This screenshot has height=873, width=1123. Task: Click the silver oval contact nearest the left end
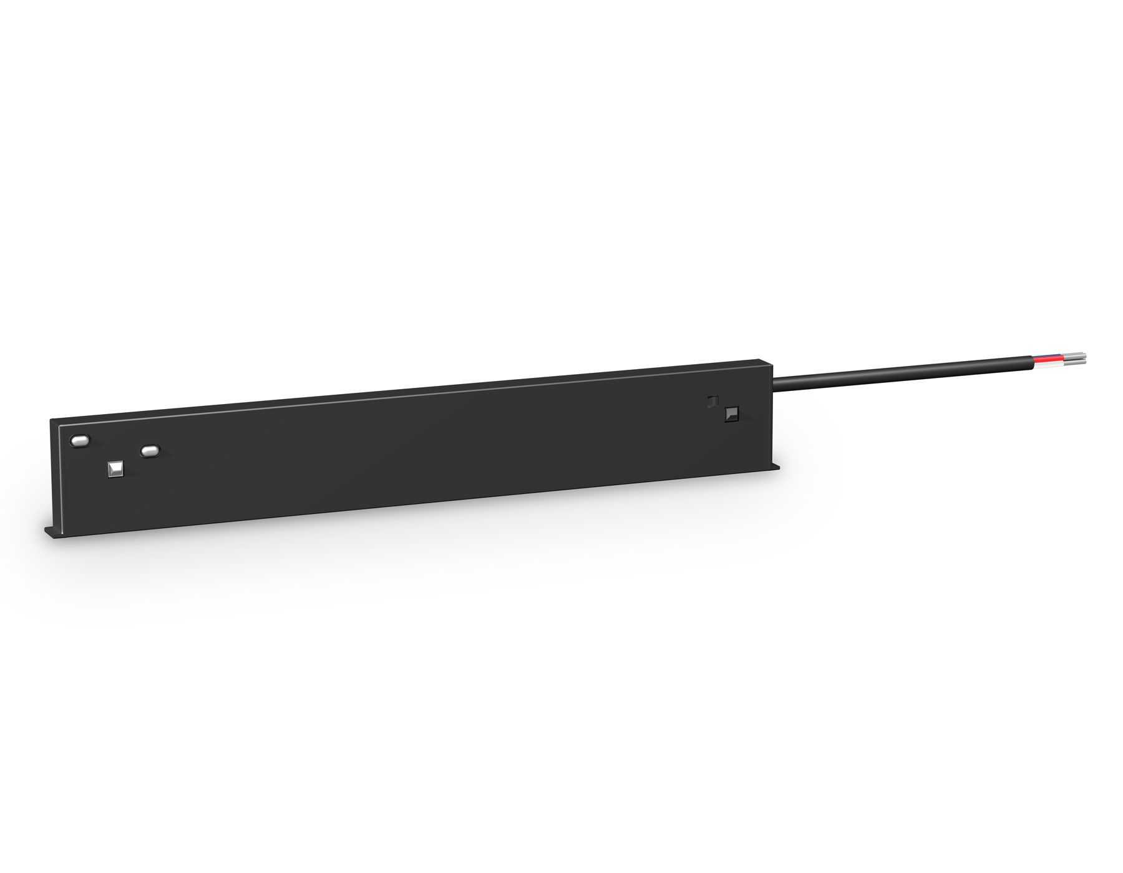tap(80, 441)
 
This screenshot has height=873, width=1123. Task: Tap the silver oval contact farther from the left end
tap(150, 449)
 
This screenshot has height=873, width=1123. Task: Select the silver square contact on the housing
tap(116, 469)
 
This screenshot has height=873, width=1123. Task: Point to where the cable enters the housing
tap(775, 380)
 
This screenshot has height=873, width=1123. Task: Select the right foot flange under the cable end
tap(777, 468)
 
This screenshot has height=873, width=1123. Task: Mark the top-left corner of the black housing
tap(52, 420)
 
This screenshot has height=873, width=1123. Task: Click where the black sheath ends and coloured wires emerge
tap(1033, 362)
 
